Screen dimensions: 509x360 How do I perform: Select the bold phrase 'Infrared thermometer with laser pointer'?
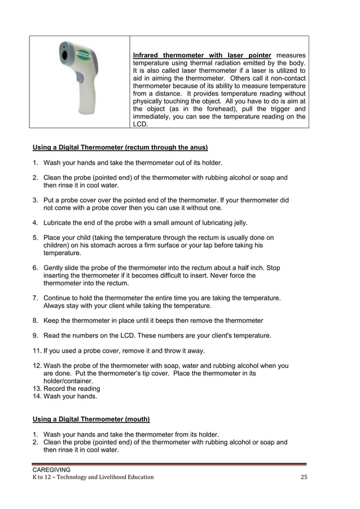(x=201, y=55)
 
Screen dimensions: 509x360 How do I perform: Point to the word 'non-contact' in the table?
(x=286, y=78)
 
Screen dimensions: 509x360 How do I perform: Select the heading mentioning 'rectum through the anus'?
(x=120, y=148)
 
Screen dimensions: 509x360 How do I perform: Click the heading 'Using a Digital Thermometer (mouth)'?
(x=91, y=419)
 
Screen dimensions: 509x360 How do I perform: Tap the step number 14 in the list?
(x=37, y=397)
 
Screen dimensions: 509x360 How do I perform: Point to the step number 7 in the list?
(x=35, y=297)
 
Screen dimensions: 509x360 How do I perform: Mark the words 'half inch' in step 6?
(x=248, y=268)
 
